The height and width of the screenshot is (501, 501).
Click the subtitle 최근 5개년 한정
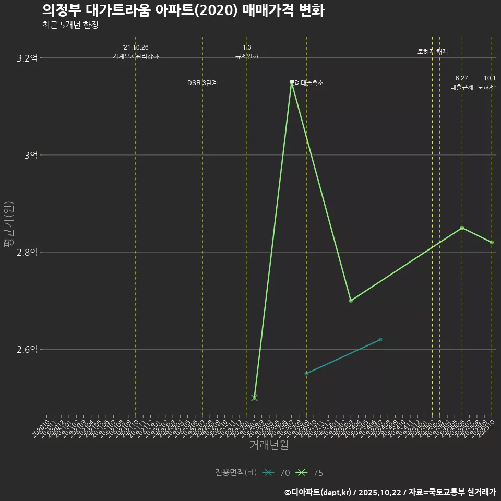(70, 25)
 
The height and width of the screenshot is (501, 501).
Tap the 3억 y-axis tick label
(30, 155)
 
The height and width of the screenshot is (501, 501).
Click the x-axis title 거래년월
(269, 445)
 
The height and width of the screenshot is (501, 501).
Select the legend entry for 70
(277, 473)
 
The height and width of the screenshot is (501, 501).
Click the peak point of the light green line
(291, 83)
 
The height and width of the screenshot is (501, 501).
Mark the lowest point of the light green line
(254, 398)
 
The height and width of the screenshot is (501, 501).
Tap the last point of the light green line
(492, 242)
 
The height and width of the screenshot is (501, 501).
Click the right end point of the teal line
(380, 340)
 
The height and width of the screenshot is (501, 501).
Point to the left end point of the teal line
(306, 374)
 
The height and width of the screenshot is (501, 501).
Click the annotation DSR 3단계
(202, 83)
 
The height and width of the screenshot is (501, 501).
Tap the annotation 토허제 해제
(432, 52)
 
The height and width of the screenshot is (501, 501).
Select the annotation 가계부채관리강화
(136, 56)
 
